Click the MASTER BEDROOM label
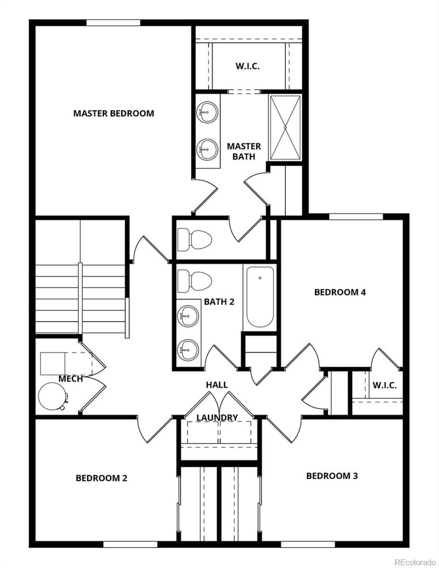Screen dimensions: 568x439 [114, 114]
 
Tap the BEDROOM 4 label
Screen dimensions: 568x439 [340, 292]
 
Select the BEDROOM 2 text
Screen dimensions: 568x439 [102, 478]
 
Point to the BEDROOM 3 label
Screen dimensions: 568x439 [331, 476]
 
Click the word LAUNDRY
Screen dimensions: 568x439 [217, 418]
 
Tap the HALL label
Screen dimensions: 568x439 [217, 385]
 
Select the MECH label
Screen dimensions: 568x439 [71, 379]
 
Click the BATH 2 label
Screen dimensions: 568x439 [219, 301]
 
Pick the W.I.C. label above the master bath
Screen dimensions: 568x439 [247, 66]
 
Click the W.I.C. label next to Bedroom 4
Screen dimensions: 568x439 [384, 385]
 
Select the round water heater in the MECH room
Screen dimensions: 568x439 [53, 396]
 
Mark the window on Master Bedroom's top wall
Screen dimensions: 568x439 [114, 23]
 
